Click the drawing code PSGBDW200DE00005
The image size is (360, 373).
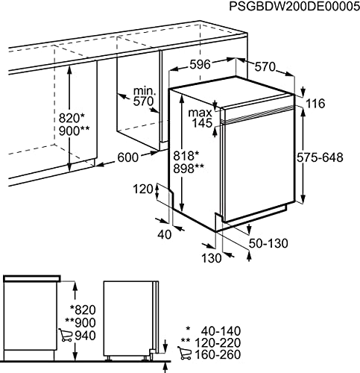294,6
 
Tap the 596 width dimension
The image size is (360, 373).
200,65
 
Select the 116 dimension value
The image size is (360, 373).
315,104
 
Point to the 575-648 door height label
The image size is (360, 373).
320,157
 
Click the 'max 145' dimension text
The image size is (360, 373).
200,118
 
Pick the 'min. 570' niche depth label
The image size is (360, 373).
144,97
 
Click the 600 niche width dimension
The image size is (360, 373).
127,157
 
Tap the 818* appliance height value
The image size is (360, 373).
186,156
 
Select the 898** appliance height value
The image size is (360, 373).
189,169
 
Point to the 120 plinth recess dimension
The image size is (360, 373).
143,189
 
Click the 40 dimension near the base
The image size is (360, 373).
165,234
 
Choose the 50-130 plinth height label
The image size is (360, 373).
268,243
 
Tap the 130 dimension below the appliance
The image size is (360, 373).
211,258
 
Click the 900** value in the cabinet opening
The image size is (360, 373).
74,131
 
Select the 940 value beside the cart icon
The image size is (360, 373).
85,336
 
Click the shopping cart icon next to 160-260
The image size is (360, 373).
184,353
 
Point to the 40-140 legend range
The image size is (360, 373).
221,331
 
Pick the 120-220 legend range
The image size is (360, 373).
218,342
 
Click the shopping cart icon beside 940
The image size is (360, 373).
66,335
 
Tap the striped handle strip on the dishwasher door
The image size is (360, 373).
258,115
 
